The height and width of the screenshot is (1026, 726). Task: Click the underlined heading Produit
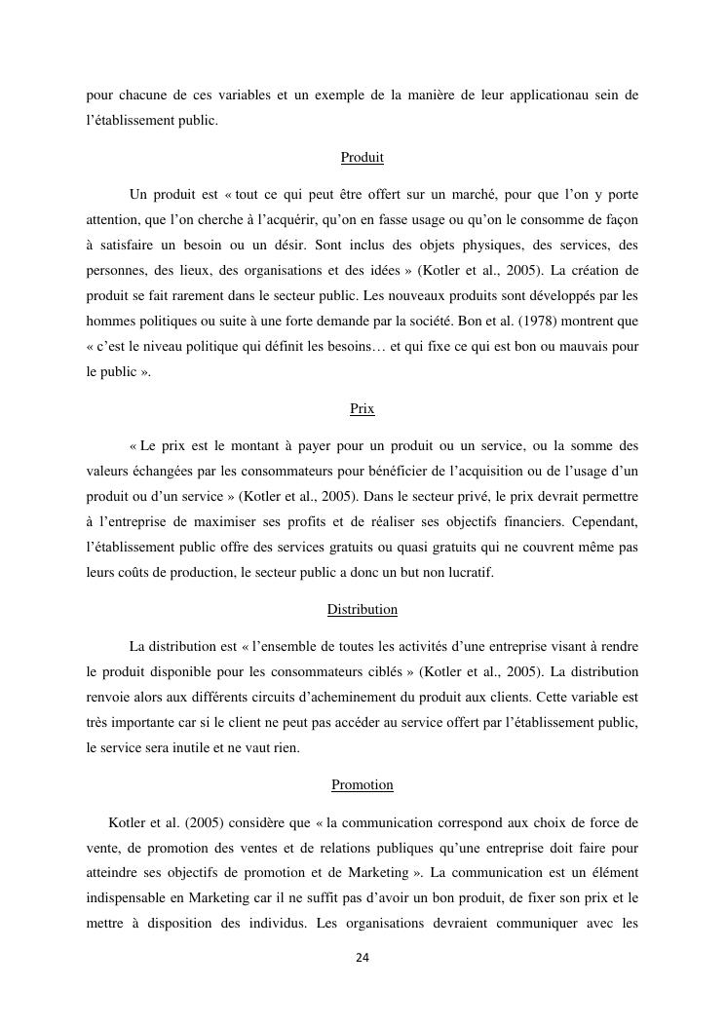[363, 157]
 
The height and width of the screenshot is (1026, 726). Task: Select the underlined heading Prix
[363, 409]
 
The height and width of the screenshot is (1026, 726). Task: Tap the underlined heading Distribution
[363, 609]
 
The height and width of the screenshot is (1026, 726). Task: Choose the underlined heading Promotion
[363, 784]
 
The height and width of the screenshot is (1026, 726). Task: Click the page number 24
[363, 959]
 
